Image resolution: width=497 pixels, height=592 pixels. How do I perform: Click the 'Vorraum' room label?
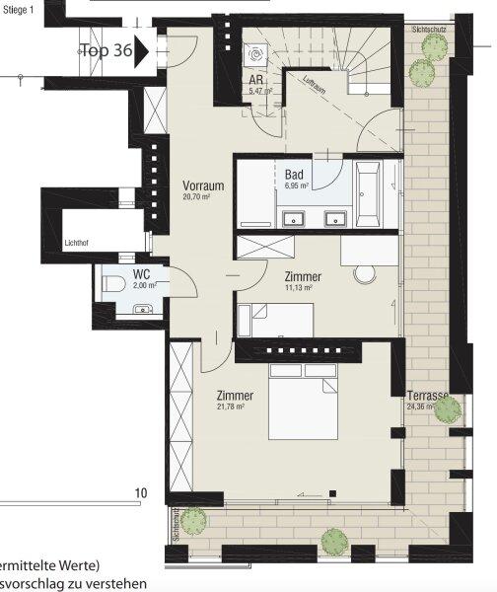[203, 185]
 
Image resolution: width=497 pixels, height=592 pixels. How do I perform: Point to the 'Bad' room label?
[295, 174]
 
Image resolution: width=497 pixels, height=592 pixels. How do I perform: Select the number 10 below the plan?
[141, 492]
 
